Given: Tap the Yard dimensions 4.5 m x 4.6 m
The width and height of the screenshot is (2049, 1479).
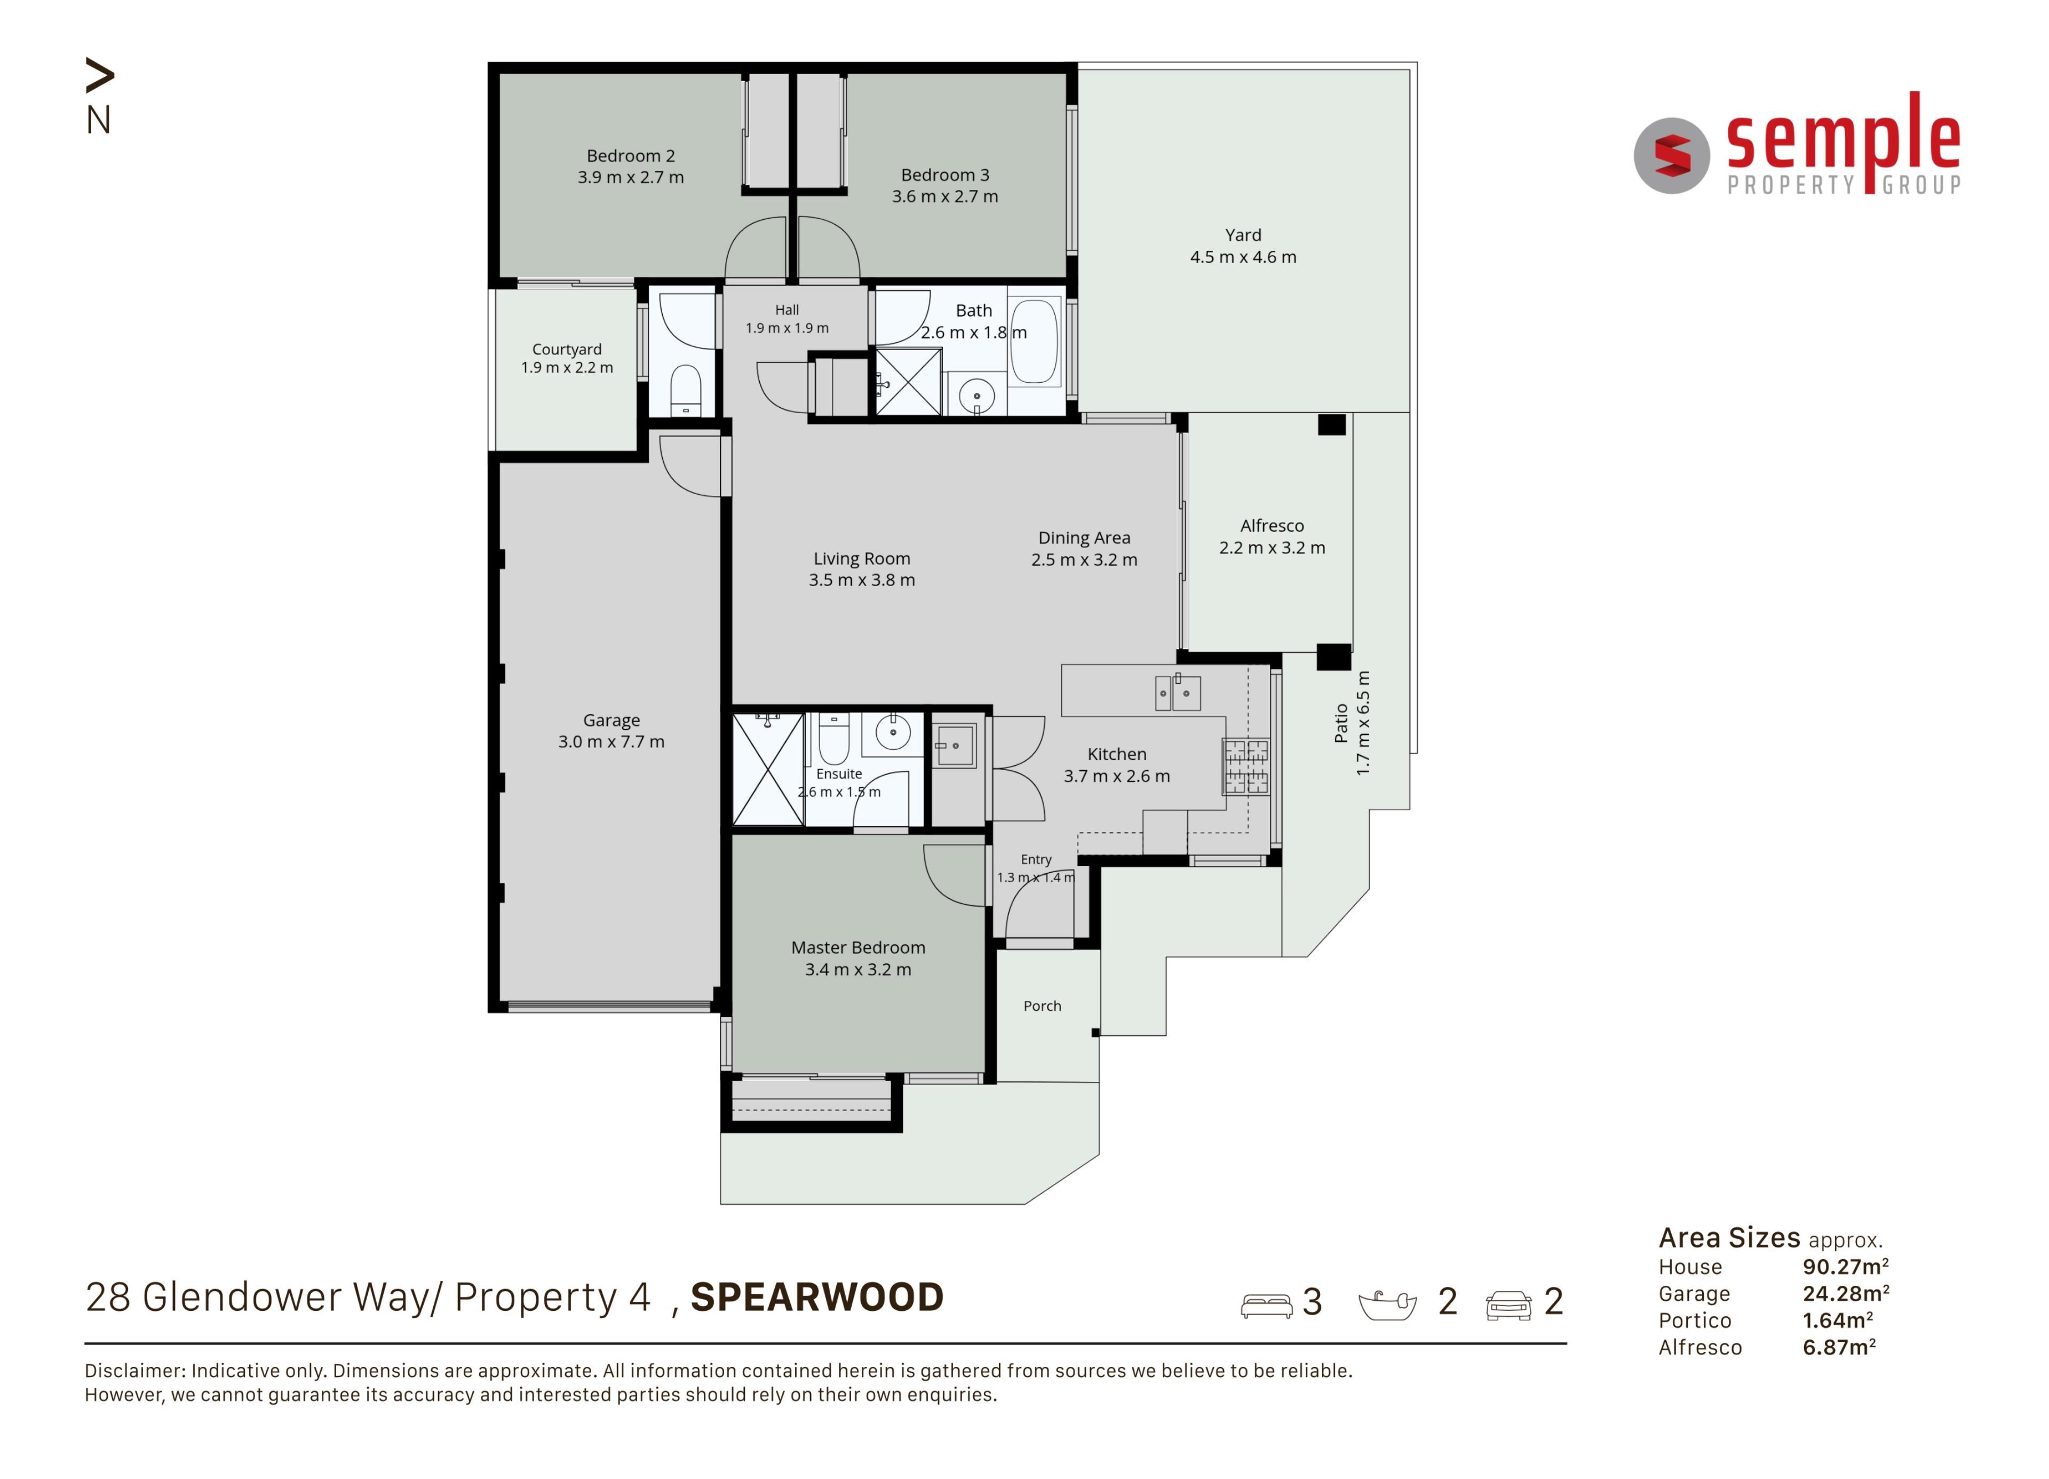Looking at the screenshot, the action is point(1243,257).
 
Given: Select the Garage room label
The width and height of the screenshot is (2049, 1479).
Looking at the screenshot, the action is point(611,720).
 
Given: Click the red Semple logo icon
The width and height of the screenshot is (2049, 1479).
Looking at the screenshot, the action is point(1672,155).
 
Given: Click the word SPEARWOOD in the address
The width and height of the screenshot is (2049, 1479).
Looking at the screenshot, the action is point(817,1298).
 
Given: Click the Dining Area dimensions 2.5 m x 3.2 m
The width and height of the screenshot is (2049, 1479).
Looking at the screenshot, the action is point(1084,560).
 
